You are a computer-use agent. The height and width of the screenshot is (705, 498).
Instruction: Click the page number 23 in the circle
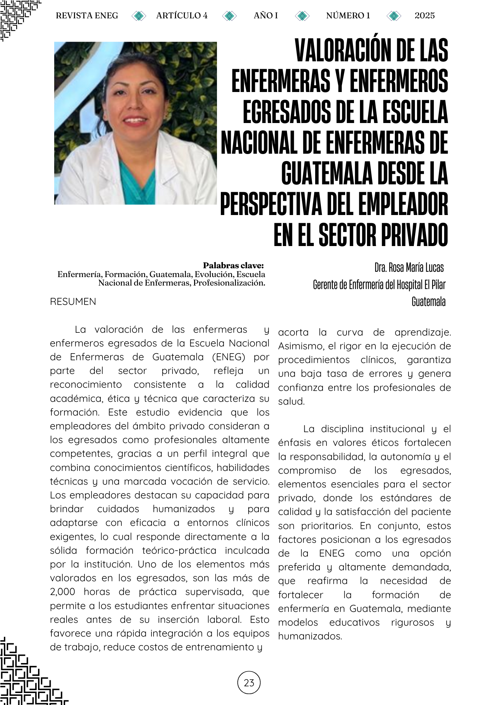click(x=249, y=683)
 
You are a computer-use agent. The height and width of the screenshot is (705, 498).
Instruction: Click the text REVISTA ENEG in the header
click(x=87, y=16)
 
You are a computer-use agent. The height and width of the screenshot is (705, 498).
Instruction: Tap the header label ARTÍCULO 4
click(x=182, y=16)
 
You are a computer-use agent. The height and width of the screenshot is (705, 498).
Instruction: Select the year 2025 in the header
click(x=424, y=16)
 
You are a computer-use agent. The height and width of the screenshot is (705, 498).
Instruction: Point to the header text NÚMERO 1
click(x=348, y=16)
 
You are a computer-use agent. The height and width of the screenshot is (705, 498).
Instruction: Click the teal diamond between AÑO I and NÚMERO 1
click(x=302, y=16)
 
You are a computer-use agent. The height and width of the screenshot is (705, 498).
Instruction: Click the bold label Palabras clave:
click(x=233, y=265)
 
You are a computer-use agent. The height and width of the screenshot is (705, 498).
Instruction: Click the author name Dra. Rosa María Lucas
click(x=409, y=268)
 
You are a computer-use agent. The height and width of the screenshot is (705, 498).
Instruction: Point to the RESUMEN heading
click(x=73, y=302)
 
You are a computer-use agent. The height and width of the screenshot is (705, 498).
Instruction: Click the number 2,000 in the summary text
click(x=62, y=592)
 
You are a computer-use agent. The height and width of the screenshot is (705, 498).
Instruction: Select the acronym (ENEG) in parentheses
click(x=229, y=357)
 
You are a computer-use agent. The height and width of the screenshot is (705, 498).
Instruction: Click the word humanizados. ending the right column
click(x=310, y=636)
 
